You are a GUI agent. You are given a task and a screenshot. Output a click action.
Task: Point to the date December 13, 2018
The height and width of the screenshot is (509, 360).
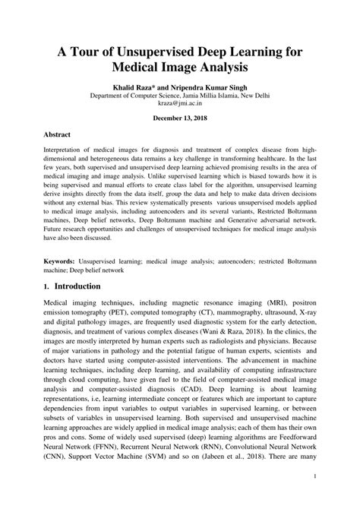tap(179, 119)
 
